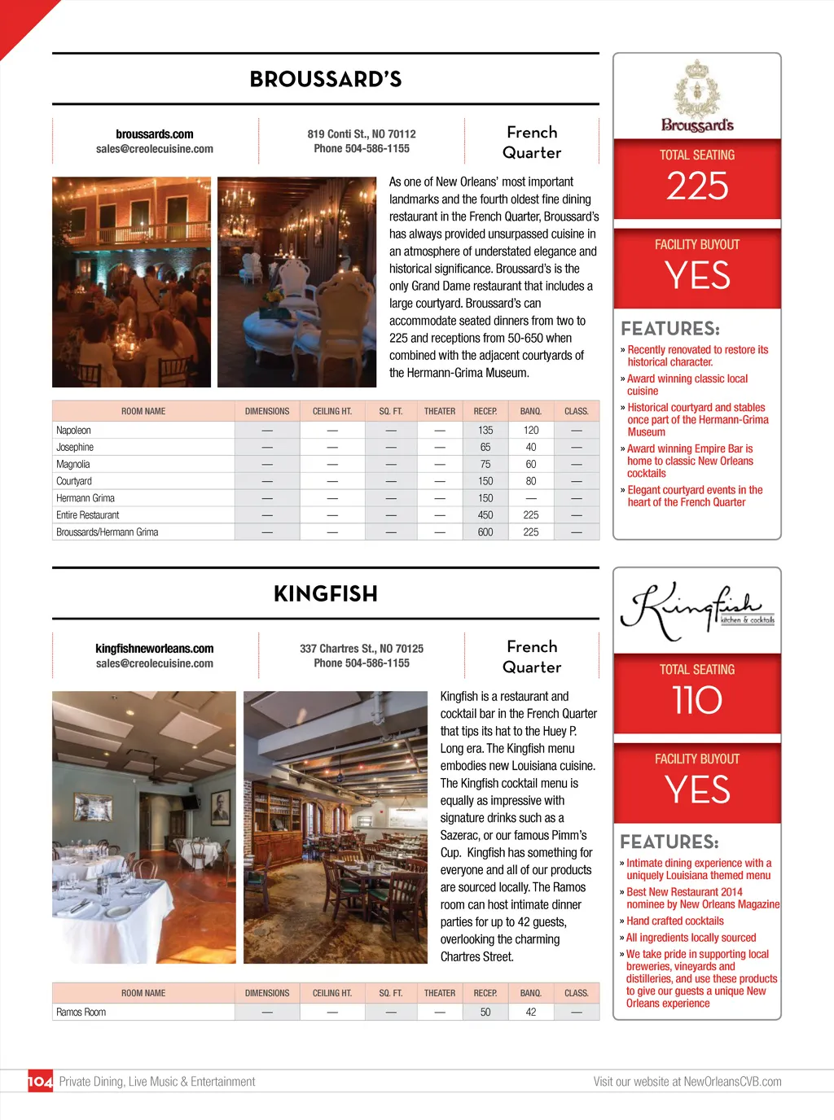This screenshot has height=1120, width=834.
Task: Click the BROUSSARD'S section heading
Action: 326,79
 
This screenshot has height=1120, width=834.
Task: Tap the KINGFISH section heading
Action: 326,593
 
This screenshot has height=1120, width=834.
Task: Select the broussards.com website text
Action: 155,134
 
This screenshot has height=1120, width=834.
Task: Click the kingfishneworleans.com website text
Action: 155,649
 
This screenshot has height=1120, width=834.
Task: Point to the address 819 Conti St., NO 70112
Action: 362,133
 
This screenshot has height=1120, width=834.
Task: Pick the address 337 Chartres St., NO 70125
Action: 362,649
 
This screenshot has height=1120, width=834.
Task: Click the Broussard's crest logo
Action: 697,96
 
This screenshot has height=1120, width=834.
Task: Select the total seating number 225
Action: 697,186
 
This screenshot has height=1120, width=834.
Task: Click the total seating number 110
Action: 697,700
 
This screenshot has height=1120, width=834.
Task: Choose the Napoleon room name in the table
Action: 73,431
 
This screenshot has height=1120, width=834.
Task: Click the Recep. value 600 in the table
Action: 485,532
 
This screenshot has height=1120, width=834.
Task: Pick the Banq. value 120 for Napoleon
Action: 531,431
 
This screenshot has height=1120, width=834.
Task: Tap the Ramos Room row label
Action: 81,1013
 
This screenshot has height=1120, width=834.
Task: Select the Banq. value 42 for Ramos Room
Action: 531,1013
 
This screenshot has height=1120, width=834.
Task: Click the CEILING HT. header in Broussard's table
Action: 332,412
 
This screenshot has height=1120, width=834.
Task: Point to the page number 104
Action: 40,1082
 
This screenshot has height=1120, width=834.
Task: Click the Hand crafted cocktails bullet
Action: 674,921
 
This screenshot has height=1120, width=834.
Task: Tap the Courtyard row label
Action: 74,482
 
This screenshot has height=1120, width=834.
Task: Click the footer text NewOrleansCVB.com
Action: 732,1082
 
